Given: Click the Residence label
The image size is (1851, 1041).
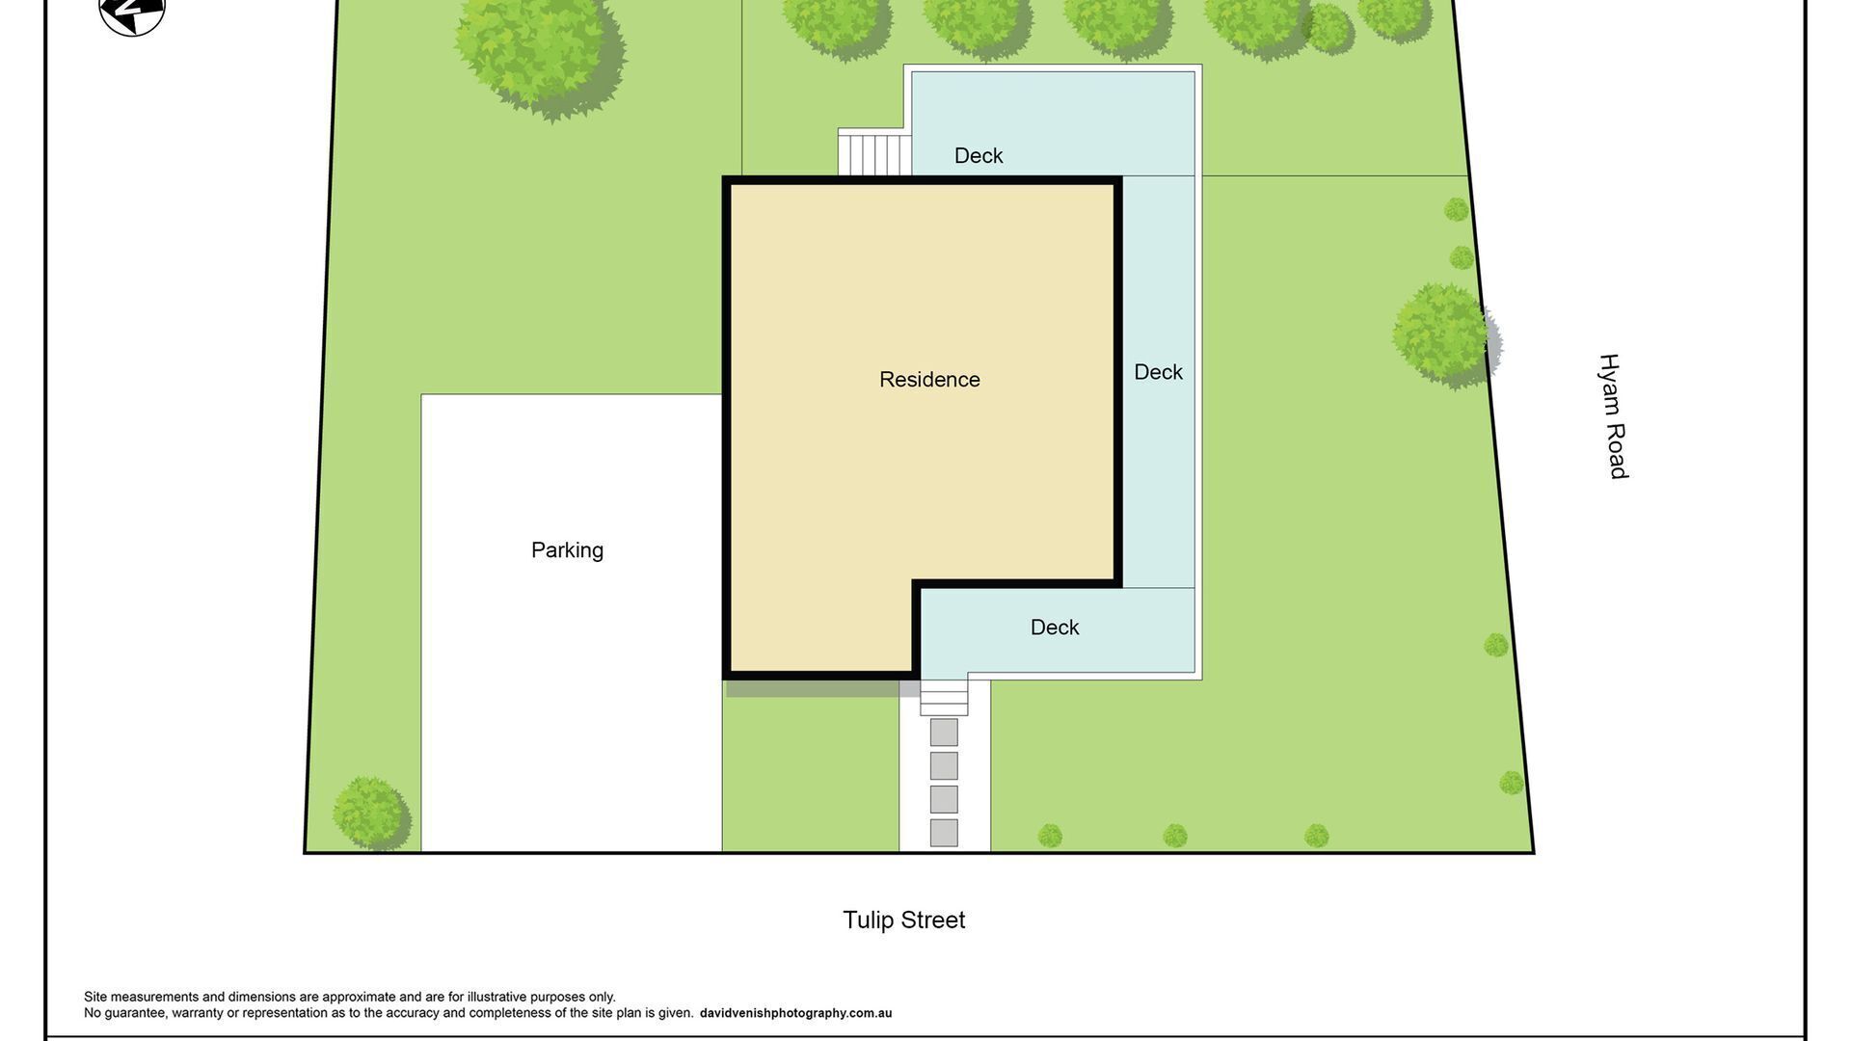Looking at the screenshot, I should tap(929, 380).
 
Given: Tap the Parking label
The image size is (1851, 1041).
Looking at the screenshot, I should tap(567, 550).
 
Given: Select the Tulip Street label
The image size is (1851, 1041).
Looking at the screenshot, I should tap(903, 921).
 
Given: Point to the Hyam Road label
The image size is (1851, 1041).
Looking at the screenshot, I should tap(1613, 416).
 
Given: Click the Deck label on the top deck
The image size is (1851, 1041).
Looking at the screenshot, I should tap(979, 156).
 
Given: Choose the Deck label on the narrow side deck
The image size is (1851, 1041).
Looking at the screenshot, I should tap(1158, 372).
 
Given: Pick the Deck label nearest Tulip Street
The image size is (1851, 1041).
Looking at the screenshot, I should tap(1055, 627).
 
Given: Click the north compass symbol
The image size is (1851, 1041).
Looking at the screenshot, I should tap(132, 13).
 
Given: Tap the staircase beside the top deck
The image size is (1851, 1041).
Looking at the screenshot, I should tap(874, 153).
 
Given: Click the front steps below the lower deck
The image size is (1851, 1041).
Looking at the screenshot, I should tap(944, 698).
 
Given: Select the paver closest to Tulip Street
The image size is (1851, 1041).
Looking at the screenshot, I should tap(944, 833).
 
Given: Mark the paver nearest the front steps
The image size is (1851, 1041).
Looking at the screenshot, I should tap(944, 733).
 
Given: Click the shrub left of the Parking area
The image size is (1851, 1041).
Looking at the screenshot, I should tap(370, 813).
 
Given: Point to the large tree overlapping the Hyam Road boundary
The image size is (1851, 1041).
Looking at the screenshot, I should tap(1443, 334).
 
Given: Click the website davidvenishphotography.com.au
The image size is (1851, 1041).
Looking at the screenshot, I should tap(795, 1013).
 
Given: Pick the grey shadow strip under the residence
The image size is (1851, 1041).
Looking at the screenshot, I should tap(819, 688).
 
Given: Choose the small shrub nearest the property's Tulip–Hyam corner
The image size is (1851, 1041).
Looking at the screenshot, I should tap(1512, 783).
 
